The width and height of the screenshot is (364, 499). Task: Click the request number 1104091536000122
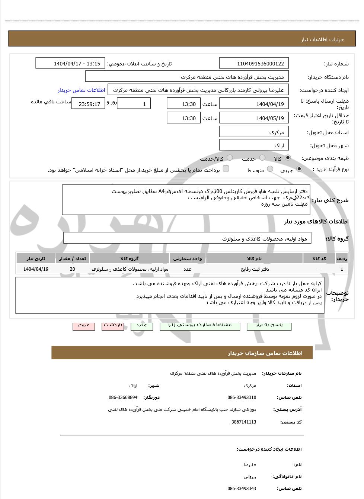[x=254, y=64]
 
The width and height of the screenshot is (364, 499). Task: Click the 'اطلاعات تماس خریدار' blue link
[x=81, y=90]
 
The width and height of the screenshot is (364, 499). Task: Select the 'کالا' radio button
[x=288, y=158]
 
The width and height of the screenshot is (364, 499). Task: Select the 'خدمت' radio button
[x=262, y=158]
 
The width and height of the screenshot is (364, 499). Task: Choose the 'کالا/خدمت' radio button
[x=230, y=158]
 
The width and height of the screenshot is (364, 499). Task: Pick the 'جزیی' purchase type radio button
[x=299, y=169]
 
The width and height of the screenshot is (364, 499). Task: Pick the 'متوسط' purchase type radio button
[x=270, y=169]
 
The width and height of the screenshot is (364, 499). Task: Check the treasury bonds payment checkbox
[x=226, y=169]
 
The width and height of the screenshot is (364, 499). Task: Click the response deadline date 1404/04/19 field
[x=254, y=104]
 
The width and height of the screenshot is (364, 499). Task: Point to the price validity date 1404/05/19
[x=254, y=118]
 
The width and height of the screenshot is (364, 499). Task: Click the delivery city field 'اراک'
[x=254, y=145]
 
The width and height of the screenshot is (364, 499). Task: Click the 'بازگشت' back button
[x=113, y=325]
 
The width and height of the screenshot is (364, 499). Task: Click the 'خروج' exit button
[x=84, y=325]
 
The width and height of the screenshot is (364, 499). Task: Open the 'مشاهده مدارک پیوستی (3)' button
[x=200, y=325]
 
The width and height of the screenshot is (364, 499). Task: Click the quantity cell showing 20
[x=72, y=269]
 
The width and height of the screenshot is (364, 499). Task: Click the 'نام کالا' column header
[x=254, y=258]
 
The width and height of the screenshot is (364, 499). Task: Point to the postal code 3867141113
[x=244, y=422]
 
